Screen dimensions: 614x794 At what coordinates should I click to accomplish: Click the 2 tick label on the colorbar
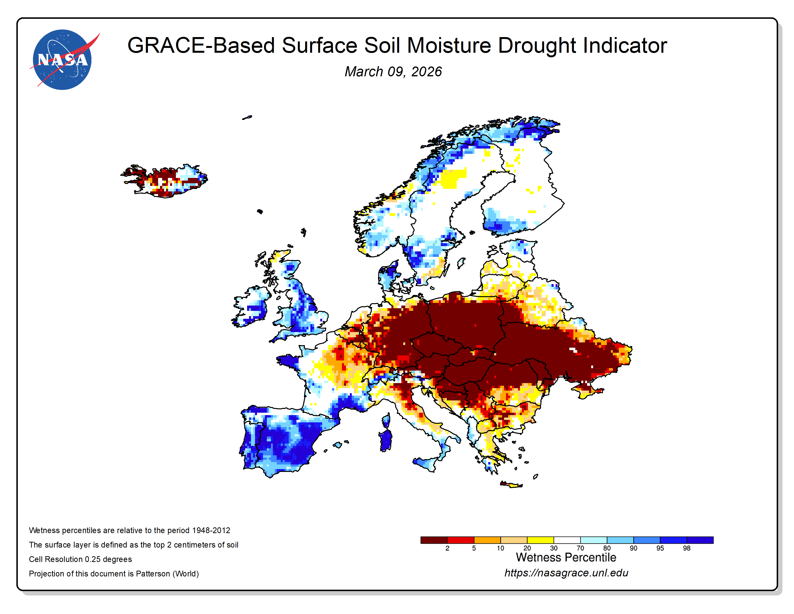tap(447, 548)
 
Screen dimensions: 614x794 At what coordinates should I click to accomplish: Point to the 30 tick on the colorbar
tap(553, 548)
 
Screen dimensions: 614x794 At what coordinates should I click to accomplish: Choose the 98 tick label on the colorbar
tap(686, 548)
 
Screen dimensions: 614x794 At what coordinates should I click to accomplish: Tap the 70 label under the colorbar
tap(580, 548)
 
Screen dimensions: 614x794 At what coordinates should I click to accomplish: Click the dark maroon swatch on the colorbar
tap(434, 540)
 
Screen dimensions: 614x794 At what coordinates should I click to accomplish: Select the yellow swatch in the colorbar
tap(540, 540)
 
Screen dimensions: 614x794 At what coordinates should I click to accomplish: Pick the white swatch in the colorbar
tap(567, 540)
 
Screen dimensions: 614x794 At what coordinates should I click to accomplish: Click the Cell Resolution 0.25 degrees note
tap(80, 559)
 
